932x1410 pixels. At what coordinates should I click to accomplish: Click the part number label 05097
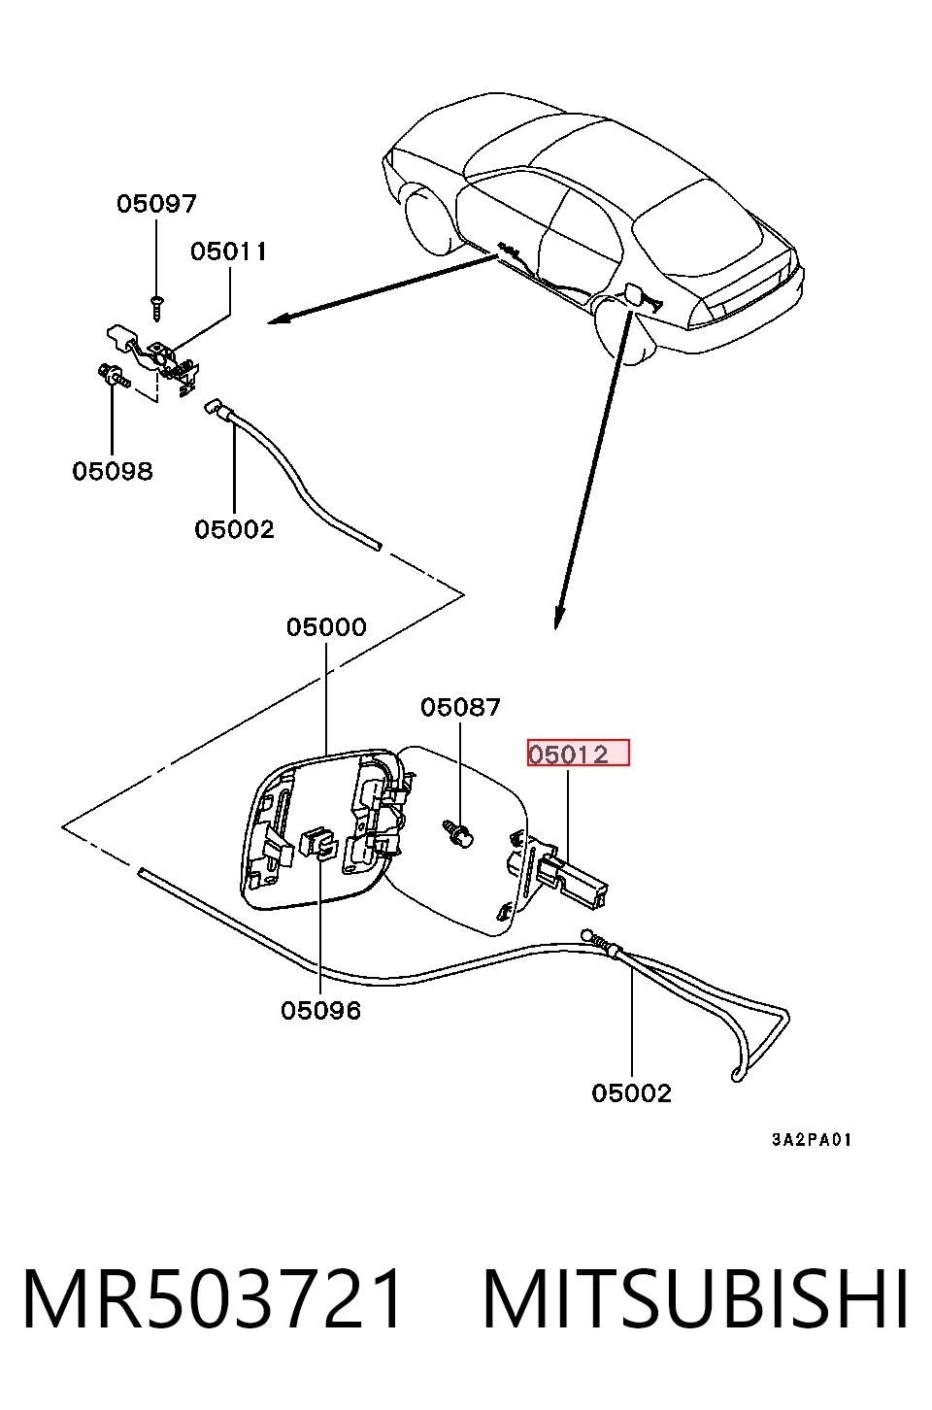156,203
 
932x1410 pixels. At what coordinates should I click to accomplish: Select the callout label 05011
229,252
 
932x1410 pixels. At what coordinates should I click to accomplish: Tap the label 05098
113,471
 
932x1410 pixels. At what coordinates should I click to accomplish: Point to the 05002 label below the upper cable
235,529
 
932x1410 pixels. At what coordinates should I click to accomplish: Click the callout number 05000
326,627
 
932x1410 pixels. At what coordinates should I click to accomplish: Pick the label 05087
460,707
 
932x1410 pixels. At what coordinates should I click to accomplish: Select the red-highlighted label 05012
579,753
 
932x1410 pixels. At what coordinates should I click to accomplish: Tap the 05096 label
321,1010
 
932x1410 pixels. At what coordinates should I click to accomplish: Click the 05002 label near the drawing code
632,1093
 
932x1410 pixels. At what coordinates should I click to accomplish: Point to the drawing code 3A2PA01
812,1140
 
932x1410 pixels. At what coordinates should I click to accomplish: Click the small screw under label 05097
156,308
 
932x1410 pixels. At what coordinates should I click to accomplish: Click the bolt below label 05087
459,835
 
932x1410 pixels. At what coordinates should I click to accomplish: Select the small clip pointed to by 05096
320,844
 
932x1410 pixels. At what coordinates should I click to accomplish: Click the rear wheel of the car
623,327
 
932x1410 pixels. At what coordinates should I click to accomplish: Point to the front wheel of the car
431,218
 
